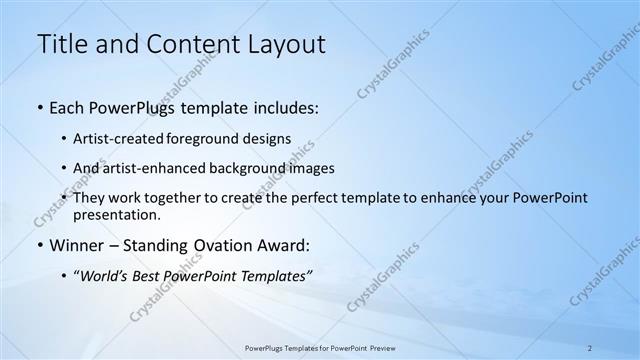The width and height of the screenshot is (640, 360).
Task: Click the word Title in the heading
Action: pos(61,44)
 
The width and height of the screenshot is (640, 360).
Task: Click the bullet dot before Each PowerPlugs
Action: pos(39,106)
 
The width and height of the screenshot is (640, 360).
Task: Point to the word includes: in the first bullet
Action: pos(285,106)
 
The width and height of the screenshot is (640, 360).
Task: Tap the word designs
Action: pos(270,138)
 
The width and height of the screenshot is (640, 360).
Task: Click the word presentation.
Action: pos(115,214)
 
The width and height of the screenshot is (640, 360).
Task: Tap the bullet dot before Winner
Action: pos(39,245)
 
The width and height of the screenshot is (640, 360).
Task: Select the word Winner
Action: pos(77,245)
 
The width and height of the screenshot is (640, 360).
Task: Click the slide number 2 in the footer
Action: pos(590,348)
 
